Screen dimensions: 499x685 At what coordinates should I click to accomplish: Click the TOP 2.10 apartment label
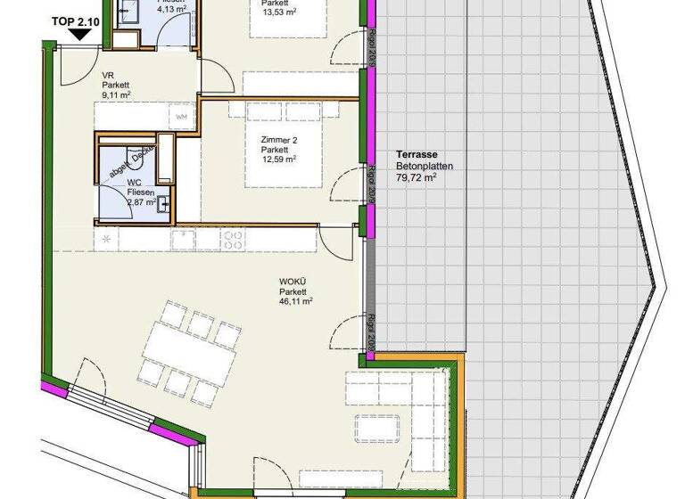[77, 19]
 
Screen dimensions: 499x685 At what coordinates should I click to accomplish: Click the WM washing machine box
[182, 118]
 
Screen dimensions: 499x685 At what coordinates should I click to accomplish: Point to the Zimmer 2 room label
[278, 141]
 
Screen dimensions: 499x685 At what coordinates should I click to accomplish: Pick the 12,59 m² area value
[278, 160]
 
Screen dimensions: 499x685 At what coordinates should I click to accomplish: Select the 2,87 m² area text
[142, 202]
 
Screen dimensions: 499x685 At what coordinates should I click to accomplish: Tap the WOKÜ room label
[292, 282]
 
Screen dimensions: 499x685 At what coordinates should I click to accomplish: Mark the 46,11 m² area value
[293, 302]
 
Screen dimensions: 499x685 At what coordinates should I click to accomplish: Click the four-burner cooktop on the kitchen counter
[234, 239]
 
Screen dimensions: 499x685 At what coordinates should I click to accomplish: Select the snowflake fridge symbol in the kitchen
[108, 239]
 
